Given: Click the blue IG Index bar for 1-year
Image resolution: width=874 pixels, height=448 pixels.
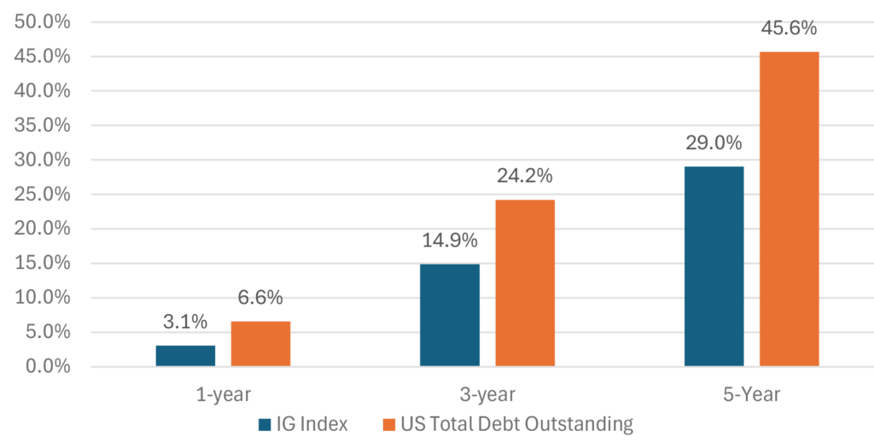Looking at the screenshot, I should pos(185,356).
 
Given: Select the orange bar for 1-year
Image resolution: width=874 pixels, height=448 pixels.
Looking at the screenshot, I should pos(260,344).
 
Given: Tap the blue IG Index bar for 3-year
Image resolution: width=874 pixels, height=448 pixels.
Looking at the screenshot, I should pos(450,315).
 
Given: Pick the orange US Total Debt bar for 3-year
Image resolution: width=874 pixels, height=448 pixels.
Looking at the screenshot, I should pos(525,283).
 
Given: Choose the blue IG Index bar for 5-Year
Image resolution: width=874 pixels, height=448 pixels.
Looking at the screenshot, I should pos(714,266).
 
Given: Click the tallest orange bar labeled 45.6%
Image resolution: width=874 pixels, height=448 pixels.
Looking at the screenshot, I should pos(790,209).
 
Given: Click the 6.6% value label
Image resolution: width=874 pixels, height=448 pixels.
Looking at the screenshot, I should pos(260,299).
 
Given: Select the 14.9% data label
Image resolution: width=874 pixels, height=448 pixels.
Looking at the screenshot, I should pos(450,241).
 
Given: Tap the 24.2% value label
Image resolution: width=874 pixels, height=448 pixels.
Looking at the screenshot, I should pos(525,177).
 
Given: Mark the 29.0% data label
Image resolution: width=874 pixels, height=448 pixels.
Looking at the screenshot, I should pos(714,143).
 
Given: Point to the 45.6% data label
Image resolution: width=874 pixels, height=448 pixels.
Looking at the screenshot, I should pos(790,28).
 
